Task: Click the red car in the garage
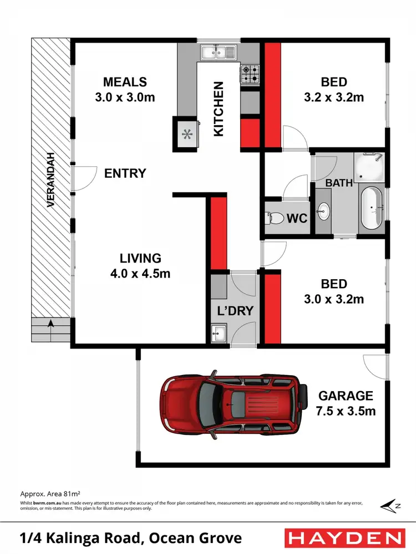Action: (x=233, y=403)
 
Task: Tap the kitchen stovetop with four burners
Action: (x=250, y=74)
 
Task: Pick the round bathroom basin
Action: (x=323, y=211)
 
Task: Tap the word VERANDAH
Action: (x=50, y=179)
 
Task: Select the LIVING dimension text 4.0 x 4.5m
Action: (x=141, y=273)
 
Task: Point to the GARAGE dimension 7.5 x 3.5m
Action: (x=346, y=411)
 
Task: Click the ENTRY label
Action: (x=125, y=173)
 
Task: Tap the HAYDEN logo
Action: (x=343, y=537)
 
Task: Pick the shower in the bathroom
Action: (x=369, y=167)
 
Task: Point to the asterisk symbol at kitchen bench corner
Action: (x=187, y=134)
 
